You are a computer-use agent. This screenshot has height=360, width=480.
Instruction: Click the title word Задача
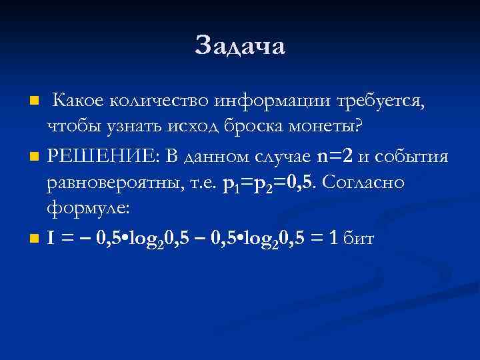coord(240,45)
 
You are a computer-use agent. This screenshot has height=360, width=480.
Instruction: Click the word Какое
coord(77,101)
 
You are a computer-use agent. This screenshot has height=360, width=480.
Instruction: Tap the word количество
coord(159,101)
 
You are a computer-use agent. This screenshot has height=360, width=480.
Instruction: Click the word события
coord(415,157)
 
